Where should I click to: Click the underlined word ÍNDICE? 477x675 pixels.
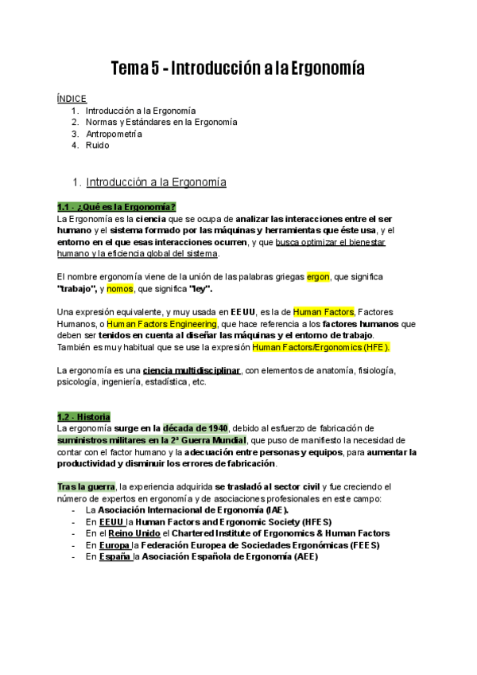[72, 98]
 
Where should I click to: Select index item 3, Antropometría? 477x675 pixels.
[114, 134]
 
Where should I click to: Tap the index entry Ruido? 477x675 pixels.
[97, 146]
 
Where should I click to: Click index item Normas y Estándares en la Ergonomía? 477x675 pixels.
[161, 122]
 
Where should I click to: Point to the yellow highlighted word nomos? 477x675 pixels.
[119, 288]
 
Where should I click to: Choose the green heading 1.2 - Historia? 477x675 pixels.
[83, 417]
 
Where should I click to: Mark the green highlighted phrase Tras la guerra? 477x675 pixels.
[86, 486]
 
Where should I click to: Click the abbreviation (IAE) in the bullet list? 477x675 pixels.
[275, 510]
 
